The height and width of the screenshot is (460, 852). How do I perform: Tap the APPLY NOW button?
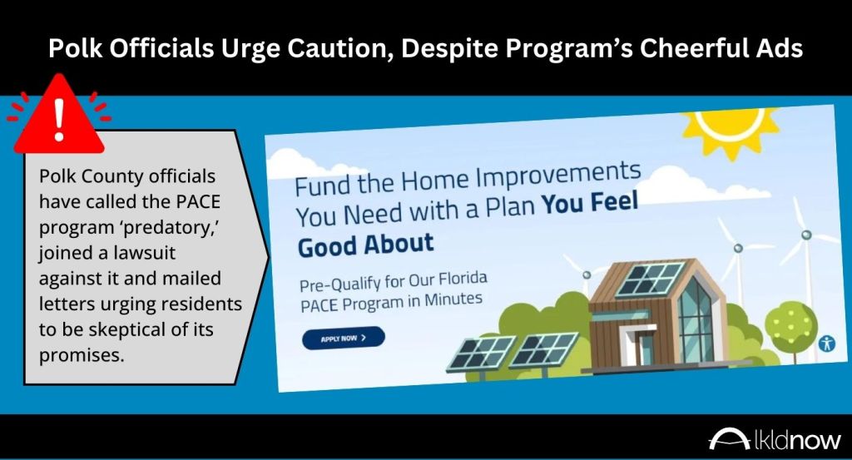(x=344, y=338)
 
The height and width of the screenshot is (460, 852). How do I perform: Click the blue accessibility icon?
(x=826, y=344)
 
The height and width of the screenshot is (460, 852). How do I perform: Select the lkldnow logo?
(x=775, y=439)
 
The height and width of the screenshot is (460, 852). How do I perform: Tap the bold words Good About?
(x=366, y=245)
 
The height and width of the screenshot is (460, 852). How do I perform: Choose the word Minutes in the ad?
(x=453, y=299)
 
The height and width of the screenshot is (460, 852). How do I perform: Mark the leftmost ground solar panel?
(x=481, y=353)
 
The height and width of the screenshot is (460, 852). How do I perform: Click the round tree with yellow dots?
(x=790, y=326)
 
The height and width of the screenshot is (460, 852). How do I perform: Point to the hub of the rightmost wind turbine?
(x=805, y=235)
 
